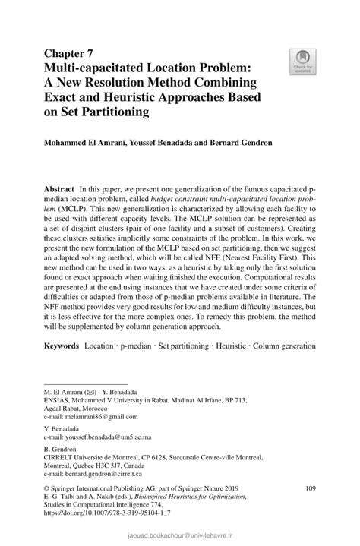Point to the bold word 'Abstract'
58,188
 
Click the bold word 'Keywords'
62,346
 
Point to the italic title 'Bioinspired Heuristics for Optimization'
191,497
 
